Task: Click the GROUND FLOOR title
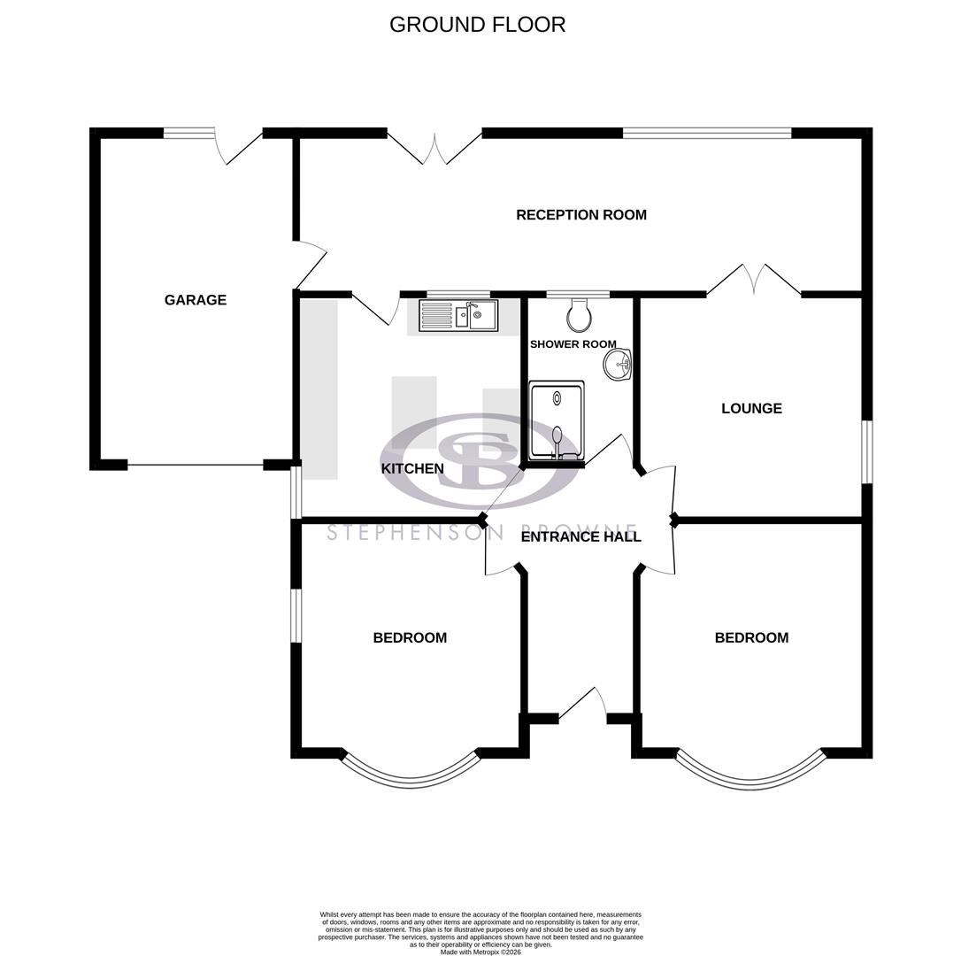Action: [477, 25]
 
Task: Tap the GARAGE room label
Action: [196, 300]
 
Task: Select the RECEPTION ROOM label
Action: [580, 214]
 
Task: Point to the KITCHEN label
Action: [412, 468]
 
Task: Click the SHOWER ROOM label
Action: [573, 343]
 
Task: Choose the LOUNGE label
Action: [751, 408]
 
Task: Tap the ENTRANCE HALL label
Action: [580, 536]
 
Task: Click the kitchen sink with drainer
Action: [457, 315]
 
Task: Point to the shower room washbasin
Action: [618, 363]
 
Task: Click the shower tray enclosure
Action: [557, 420]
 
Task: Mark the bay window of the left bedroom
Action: [410, 773]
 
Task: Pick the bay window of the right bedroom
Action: [750, 773]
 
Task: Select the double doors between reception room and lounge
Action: [754, 280]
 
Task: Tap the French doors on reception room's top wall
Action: [434, 148]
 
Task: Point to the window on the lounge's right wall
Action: [867, 451]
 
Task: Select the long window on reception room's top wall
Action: [706, 134]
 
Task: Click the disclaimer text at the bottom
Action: [480, 933]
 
